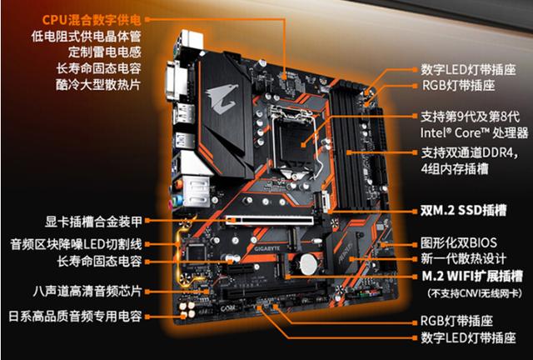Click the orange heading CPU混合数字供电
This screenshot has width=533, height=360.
(92, 20)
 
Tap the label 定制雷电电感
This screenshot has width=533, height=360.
(104, 52)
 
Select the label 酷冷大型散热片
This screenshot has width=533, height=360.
(98, 84)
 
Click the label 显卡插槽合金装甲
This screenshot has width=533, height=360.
(93, 222)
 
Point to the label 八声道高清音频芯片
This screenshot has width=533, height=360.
(87, 292)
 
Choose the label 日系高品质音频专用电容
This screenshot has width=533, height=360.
(75, 316)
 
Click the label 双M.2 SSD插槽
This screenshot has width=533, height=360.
(463, 210)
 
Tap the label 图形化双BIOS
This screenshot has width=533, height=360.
(459, 243)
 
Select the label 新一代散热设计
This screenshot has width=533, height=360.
(463, 259)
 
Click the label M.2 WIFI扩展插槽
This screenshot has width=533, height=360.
(472, 276)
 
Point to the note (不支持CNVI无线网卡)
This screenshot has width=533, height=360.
(475, 293)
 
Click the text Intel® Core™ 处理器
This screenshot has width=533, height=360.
(474, 132)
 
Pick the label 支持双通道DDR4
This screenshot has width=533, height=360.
(470, 152)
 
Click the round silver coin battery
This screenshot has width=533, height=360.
(309, 263)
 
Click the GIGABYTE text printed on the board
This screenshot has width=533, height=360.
(267, 248)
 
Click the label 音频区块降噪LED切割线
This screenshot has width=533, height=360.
(76, 244)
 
